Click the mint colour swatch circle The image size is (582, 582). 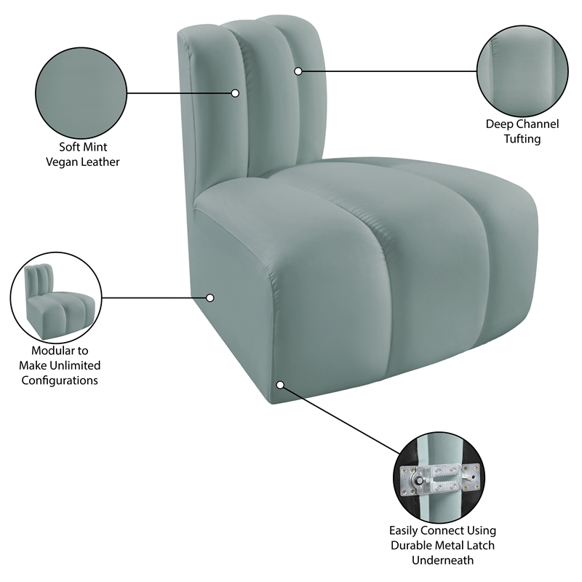tap(81, 93)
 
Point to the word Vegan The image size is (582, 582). tap(60, 162)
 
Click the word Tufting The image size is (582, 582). tap(522, 138)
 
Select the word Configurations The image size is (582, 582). tap(60, 380)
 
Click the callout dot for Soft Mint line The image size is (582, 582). tap(236, 93)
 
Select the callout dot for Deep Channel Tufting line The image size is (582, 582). tap(298, 71)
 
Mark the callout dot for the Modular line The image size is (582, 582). tap(210, 298)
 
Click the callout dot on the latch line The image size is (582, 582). tap(280, 383)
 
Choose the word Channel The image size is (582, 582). tap(539, 124)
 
